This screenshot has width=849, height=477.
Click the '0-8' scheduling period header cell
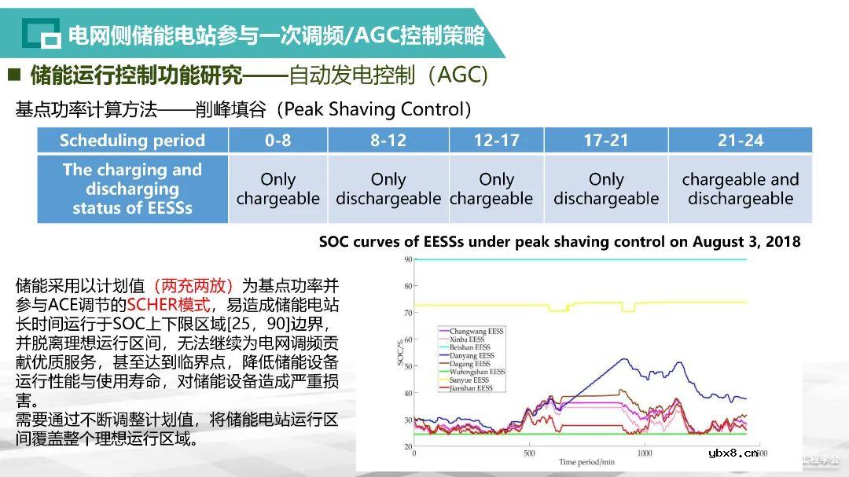(x=277, y=141)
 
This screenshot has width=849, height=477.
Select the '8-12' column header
(x=388, y=141)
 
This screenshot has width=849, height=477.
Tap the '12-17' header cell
(x=496, y=141)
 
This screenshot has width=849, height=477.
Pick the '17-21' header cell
(x=605, y=141)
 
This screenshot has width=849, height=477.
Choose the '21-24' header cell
(x=740, y=141)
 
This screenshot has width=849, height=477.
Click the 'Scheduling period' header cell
(x=132, y=141)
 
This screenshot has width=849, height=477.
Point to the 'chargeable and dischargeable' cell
(x=740, y=189)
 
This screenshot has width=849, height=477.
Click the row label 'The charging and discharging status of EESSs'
(x=132, y=189)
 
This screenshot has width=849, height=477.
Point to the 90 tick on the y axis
(x=407, y=259)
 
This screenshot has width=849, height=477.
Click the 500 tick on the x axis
(x=529, y=453)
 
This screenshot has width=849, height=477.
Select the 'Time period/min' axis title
(x=586, y=463)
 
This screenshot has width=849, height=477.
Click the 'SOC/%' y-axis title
(x=398, y=354)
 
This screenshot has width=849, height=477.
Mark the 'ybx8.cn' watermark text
(x=733, y=453)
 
